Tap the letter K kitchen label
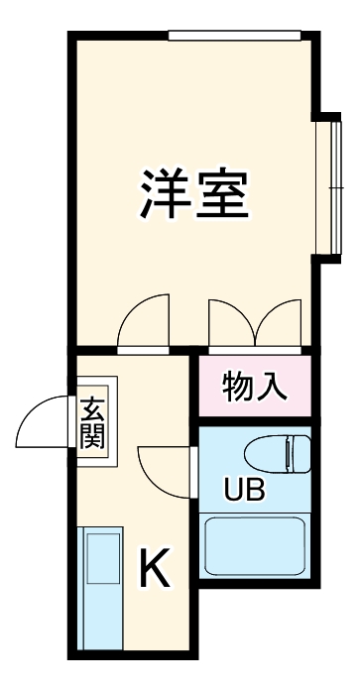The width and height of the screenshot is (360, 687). click(156, 569)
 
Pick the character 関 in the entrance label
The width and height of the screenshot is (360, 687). click(93, 436)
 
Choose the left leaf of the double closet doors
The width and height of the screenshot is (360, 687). click(228, 322)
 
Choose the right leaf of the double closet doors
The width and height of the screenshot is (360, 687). click(280, 322)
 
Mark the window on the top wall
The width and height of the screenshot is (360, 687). click(234, 37)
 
